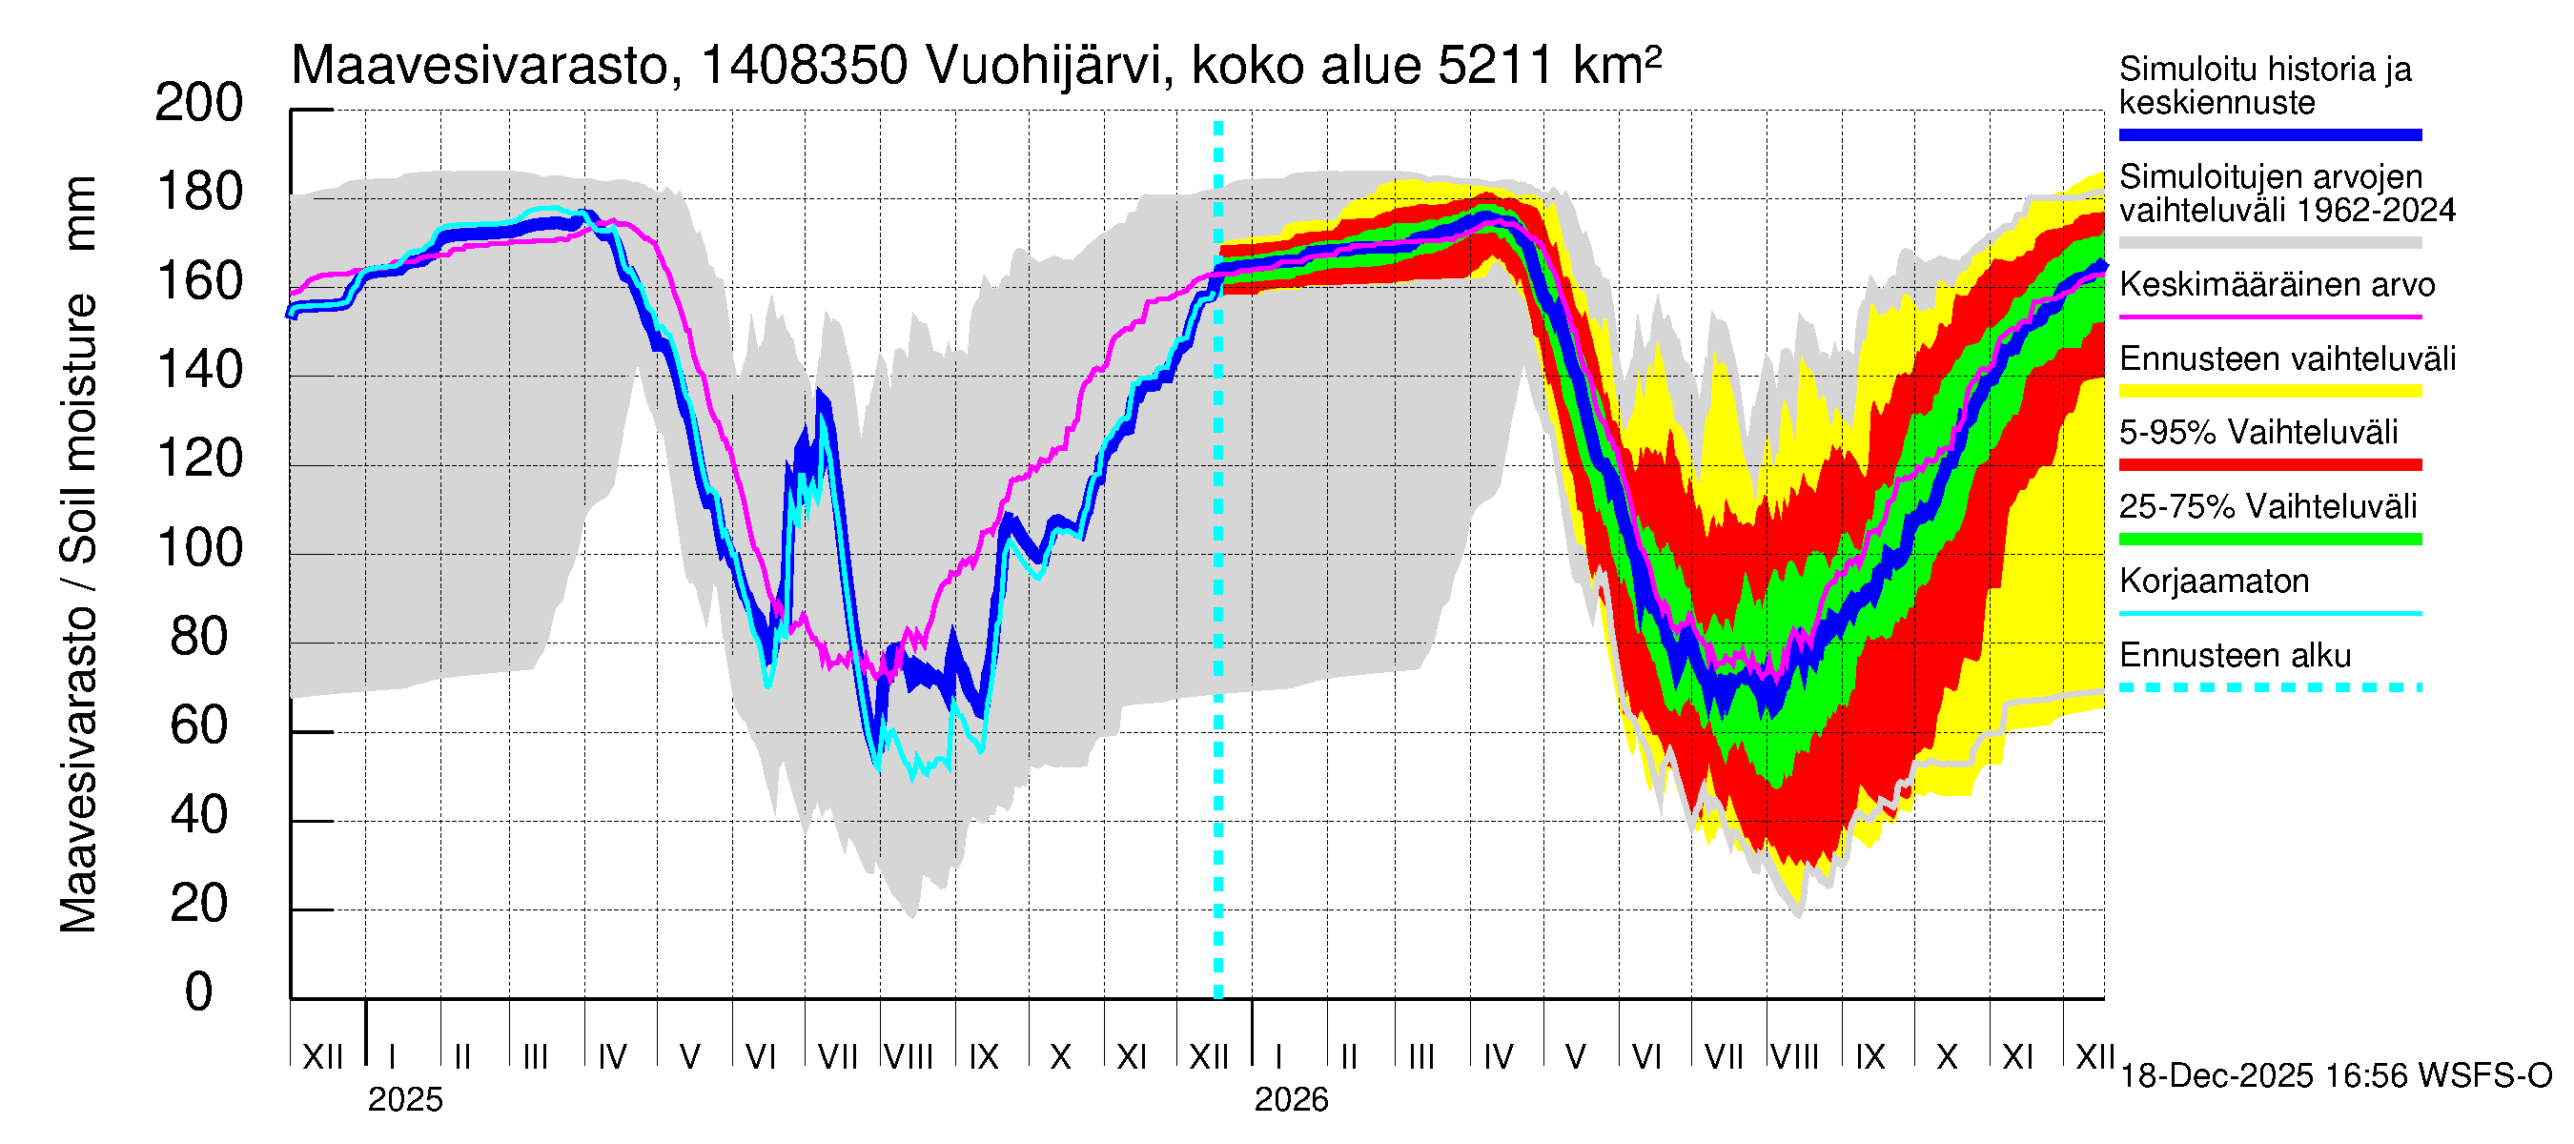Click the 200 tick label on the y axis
click(x=198, y=103)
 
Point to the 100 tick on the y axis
click(x=198, y=548)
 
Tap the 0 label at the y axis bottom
click(x=198, y=992)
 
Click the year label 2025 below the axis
click(x=404, y=1100)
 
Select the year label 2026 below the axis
click(x=1291, y=1100)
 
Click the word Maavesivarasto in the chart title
click(x=479, y=67)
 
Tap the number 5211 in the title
click(x=1495, y=67)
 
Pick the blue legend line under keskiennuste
click(x=2269, y=134)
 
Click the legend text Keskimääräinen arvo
click(x=2277, y=286)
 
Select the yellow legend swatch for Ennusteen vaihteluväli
click(x=2269, y=391)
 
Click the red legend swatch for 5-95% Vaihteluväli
click(x=2269, y=464)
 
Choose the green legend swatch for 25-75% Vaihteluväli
click(x=2269, y=540)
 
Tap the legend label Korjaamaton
click(x=2214, y=582)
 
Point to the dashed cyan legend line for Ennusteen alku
click(x=2269, y=687)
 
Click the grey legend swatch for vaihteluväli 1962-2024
click(x=2269, y=243)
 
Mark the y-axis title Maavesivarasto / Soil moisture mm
click(x=79, y=555)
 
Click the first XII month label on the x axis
click(x=322, y=1057)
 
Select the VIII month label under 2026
click(x=1794, y=1057)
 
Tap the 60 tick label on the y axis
click(x=198, y=726)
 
